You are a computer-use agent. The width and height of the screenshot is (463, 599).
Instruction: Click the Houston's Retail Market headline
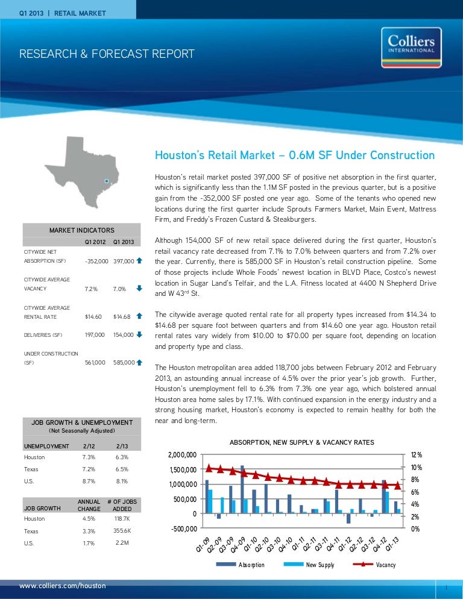(295, 155)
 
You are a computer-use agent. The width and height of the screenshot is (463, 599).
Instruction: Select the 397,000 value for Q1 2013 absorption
(122, 261)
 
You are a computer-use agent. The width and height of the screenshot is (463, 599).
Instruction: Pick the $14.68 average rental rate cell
(121, 316)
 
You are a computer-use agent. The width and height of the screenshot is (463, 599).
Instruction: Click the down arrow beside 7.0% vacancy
(139, 288)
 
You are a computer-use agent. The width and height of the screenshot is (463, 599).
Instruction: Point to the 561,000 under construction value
(96, 362)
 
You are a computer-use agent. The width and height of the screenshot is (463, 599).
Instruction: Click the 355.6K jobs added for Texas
(122, 530)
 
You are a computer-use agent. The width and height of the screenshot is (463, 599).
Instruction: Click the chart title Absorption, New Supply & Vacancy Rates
(302, 442)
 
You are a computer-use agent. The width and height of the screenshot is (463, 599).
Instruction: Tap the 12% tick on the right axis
(416, 455)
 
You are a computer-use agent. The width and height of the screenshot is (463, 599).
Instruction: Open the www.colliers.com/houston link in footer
(63, 586)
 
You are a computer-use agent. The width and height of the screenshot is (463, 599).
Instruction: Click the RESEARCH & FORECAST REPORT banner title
(107, 54)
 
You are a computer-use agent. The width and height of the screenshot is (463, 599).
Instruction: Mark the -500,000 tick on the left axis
(183, 528)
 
